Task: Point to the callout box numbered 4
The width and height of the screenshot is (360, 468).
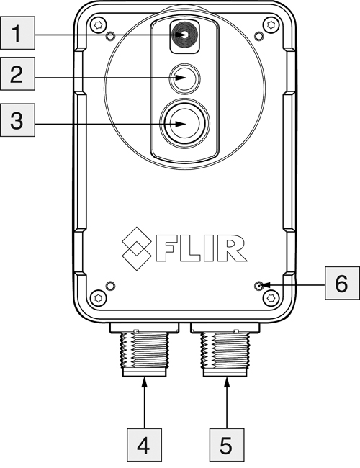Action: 145,442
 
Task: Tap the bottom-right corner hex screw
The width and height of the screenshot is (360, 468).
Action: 271,297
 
